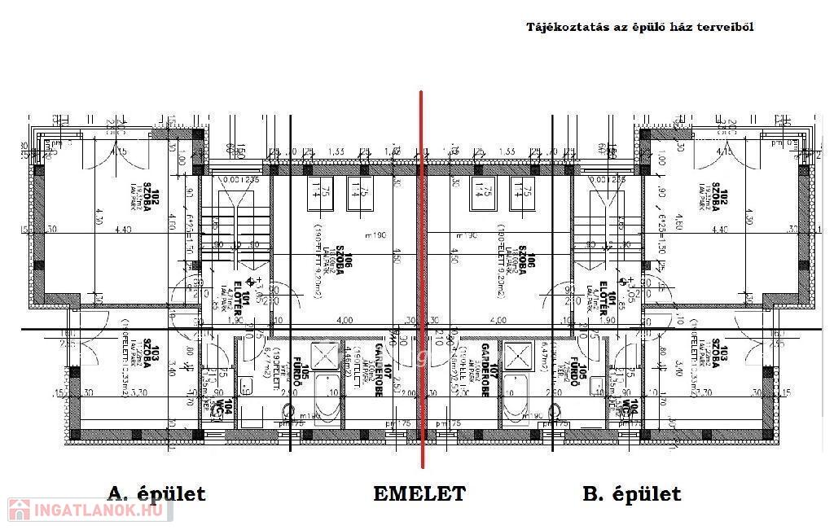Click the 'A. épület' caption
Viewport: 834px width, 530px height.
pos(156,493)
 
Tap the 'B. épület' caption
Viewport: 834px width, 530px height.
pos(632,493)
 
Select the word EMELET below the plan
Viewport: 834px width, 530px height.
pos(419,493)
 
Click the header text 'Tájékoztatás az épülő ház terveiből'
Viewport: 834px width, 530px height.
pos(639,27)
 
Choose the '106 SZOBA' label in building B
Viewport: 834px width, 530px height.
pos(531,266)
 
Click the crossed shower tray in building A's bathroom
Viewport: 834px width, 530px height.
pos(326,355)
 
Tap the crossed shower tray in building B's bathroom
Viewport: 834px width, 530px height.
pos(518,355)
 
